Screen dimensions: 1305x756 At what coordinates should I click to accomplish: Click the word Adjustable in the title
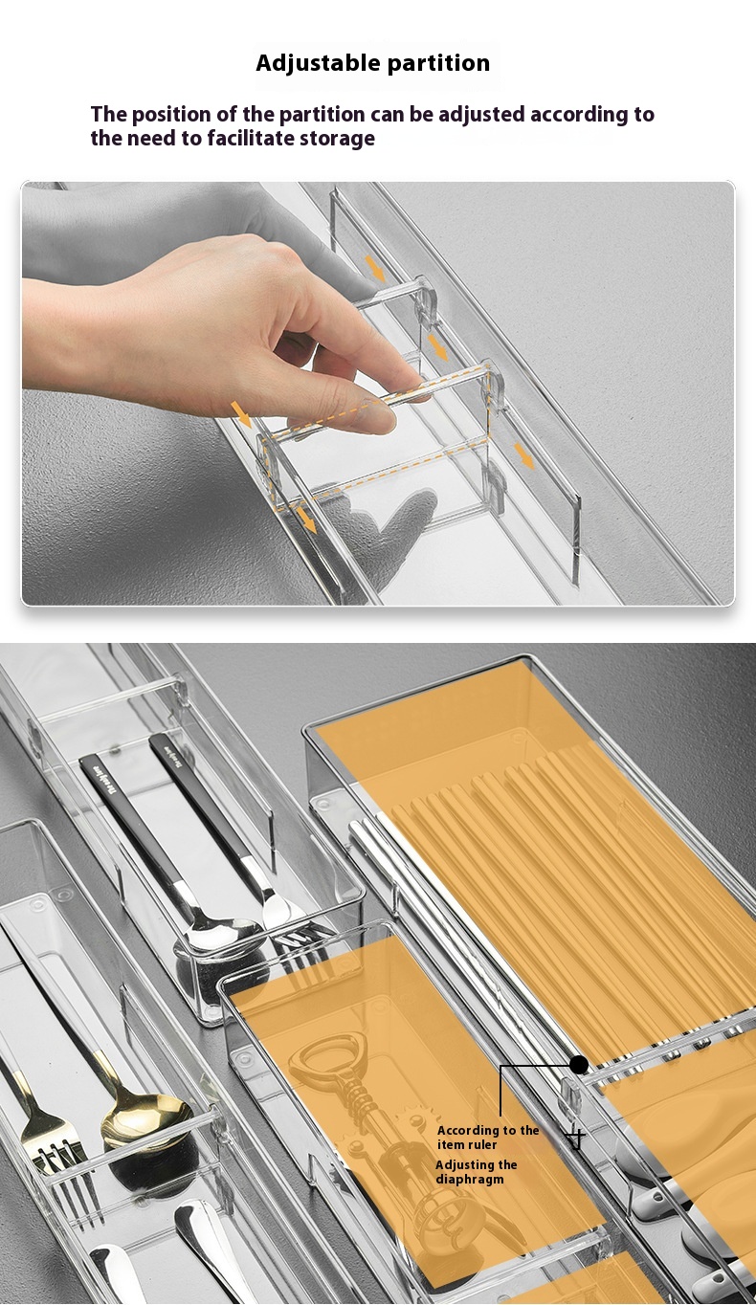tap(310, 64)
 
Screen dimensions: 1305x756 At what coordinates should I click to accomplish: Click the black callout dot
tap(579, 1064)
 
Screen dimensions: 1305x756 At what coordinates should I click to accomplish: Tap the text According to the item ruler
tap(488, 1138)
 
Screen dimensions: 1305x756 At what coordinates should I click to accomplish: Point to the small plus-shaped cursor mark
tap(574, 1140)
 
